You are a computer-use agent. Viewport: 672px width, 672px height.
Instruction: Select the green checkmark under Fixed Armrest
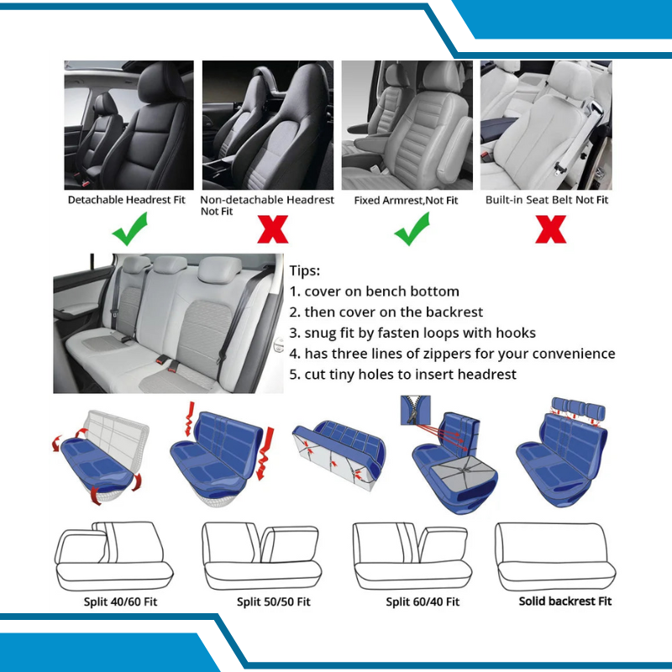(x=412, y=228)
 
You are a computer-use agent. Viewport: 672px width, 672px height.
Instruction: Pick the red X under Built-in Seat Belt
(x=550, y=228)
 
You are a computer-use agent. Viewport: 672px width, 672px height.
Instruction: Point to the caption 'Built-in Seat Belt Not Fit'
(x=547, y=200)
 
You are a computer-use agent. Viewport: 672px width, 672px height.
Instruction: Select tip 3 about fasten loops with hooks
(x=412, y=333)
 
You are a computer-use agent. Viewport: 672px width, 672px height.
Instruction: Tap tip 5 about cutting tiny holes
(x=402, y=375)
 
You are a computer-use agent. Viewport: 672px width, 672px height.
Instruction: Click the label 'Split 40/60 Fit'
(x=120, y=602)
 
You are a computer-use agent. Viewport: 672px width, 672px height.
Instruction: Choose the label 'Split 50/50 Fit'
(x=273, y=602)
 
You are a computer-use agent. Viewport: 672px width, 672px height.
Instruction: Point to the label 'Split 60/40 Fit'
(x=423, y=602)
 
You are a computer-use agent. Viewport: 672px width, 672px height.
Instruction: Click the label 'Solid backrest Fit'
(x=564, y=601)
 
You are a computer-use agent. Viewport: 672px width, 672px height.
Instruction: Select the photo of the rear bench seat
(x=168, y=323)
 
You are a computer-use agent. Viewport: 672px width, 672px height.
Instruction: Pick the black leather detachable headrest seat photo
(x=129, y=124)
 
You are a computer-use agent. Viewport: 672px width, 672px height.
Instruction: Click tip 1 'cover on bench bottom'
(x=375, y=291)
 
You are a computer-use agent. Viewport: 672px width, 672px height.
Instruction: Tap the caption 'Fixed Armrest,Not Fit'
(x=407, y=200)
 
